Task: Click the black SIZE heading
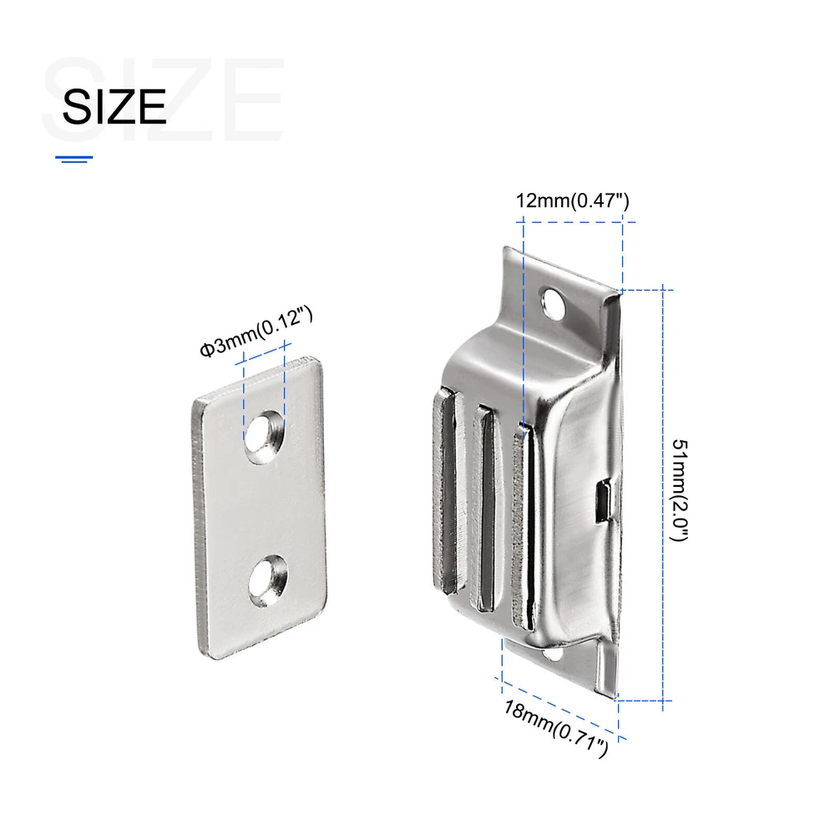[114, 107]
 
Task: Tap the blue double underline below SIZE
[74, 159]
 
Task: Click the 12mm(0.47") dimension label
[573, 200]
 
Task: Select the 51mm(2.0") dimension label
[680, 490]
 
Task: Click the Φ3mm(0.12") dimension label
[256, 331]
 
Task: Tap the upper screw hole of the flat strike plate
[264, 437]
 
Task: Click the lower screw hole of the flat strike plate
[268, 581]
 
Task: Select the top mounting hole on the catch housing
[553, 303]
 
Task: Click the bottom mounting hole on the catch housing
[553, 653]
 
